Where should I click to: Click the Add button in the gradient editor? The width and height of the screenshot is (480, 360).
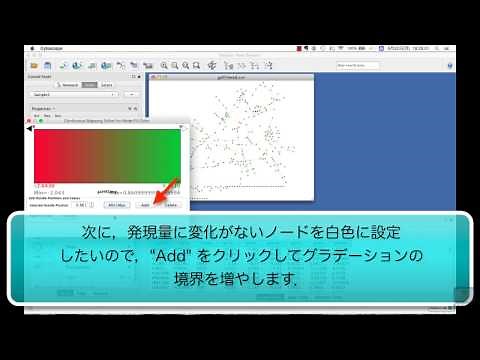144,204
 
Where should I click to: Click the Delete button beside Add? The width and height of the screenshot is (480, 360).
171,204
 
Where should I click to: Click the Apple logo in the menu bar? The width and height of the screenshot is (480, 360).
28,48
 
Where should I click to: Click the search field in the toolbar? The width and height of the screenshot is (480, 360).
358,65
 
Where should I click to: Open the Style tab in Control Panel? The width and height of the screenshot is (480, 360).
89,85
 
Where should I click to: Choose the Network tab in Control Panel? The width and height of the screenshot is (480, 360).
69,85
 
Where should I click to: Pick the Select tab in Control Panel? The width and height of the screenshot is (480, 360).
107,85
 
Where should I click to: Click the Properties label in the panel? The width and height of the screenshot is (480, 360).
42,108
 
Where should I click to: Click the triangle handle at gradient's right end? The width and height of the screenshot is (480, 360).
181,129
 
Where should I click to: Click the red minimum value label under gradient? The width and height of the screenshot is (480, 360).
46,185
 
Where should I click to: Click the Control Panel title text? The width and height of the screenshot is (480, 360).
40,76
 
